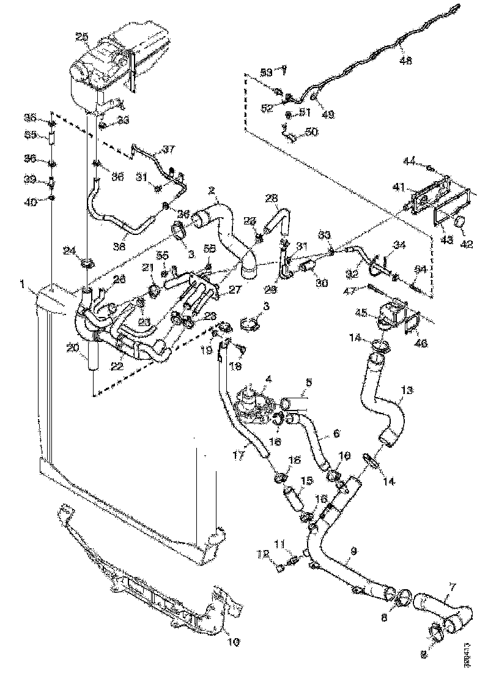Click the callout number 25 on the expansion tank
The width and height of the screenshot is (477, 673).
point(81,37)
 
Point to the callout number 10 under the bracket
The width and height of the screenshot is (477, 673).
point(234,642)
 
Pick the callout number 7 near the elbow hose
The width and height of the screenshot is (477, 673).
point(452,587)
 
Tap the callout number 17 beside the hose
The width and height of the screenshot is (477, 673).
point(240,455)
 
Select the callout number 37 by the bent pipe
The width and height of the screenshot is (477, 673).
point(168,149)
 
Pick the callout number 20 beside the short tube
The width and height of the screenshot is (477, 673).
point(73,348)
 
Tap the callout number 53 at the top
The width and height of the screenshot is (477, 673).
point(265,72)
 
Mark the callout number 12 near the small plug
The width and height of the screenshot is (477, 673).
point(264,556)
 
